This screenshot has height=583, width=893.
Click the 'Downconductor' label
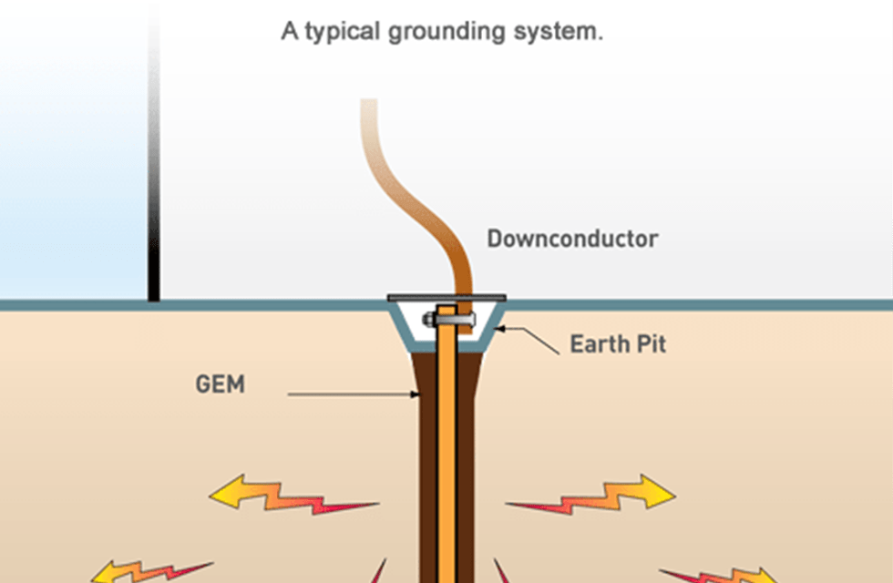[x=572, y=239]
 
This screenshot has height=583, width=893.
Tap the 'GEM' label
[x=221, y=384]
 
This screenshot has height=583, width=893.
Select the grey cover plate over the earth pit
[x=446, y=297]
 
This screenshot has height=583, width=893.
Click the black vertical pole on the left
[x=154, y=182]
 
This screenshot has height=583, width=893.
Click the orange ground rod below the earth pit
[x=446, y=455]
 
